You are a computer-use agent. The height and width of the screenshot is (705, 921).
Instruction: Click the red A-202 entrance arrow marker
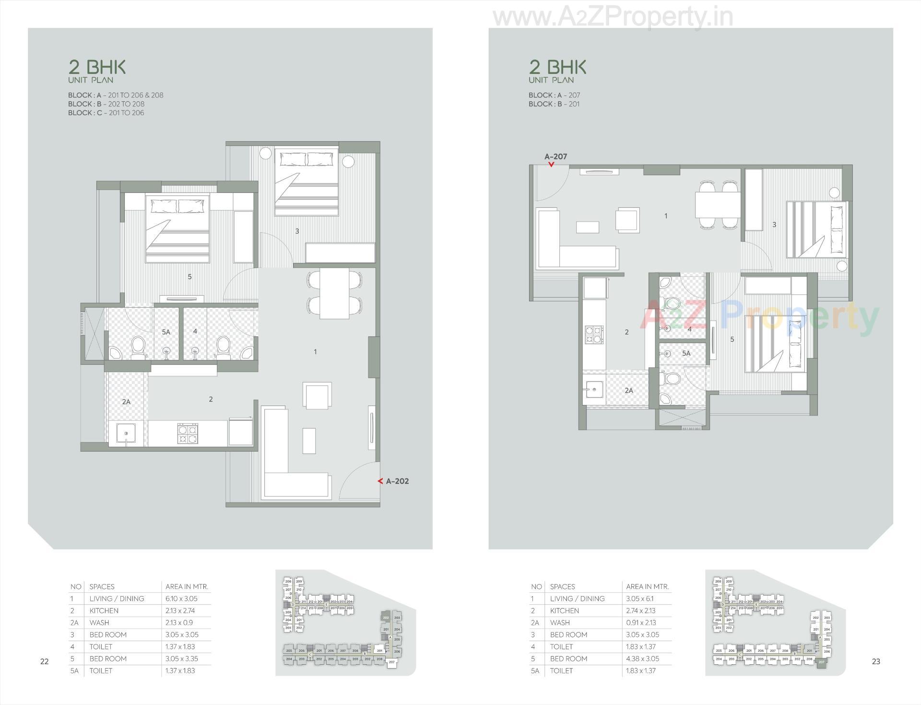click(380, 481)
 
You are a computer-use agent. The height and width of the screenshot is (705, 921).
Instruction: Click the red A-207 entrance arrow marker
click(551, 165)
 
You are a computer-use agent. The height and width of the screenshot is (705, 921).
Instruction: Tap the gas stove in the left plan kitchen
click(187, 433)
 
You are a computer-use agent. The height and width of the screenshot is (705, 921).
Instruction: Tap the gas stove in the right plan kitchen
click(594, 334)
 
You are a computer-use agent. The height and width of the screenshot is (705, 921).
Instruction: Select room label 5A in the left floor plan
click(166, 332)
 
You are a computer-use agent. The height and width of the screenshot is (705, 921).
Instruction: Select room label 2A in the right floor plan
click(629, 390)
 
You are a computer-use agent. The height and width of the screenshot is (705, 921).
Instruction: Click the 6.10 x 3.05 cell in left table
click(181, 598)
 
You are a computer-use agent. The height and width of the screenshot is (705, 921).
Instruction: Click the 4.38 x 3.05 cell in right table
click(642, 658)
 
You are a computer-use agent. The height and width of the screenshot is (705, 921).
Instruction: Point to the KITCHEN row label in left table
click(104, 610)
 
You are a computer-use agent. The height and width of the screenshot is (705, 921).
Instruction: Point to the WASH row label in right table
click(560, 622)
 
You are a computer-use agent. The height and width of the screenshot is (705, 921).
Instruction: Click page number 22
click(44, 661)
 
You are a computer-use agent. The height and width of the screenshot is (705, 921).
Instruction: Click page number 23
click(876, 661)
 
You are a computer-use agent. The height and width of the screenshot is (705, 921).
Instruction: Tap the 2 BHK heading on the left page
click(97, 67)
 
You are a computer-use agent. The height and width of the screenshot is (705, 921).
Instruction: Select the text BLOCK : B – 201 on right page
click(554, 104)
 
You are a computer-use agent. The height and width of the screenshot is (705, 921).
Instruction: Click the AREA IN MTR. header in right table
click(647, 586)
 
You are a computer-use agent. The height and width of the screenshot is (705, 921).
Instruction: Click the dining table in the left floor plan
click(334, 293)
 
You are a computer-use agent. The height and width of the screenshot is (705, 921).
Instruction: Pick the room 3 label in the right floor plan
click(774, 224)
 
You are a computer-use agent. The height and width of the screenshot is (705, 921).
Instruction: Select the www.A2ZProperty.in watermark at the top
click(613, 17)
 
